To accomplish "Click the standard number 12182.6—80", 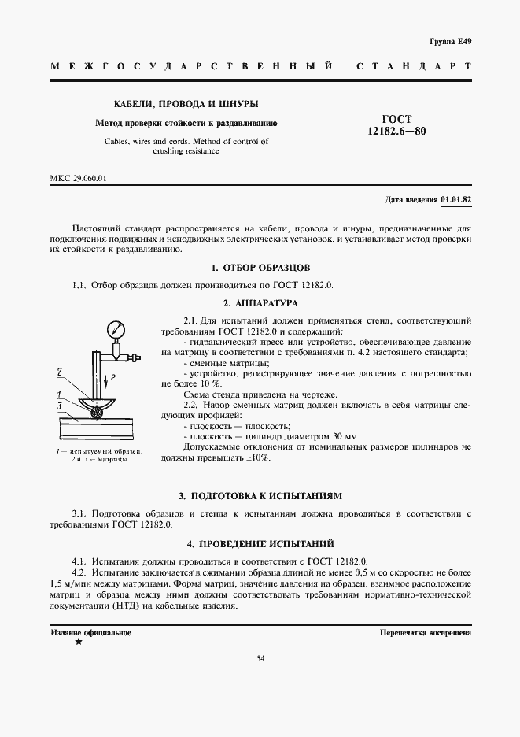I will point(396,131).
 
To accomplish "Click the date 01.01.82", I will point(456,199).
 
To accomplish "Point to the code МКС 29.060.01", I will point(78,178).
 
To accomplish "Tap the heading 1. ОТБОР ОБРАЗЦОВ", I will point(260,268).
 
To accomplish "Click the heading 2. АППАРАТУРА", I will point(260,302).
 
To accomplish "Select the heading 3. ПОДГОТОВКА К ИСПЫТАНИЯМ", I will point(260,496).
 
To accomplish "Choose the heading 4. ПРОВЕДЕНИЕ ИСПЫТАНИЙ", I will point(260,543).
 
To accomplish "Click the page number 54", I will point(260,658).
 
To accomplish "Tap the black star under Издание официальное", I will point(78,643).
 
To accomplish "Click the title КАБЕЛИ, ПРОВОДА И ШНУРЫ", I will point(186,104).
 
